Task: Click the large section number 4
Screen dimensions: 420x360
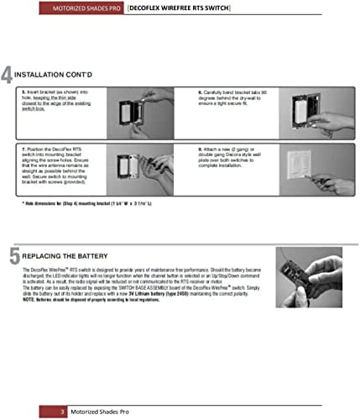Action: coord(8,76)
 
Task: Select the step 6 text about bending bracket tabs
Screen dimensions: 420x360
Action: coord(235,102)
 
